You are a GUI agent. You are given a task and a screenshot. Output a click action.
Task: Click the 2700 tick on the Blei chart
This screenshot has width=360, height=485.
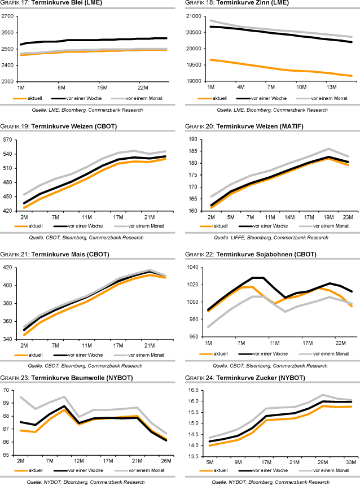pyautogui.click(x=8, y=16)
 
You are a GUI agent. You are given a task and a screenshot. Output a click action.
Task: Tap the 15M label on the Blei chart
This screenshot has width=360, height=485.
pyautogui.click(x=102, y=88)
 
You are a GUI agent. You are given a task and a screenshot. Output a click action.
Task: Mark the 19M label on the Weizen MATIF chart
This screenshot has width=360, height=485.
pyautogui.click(x=329, y=217)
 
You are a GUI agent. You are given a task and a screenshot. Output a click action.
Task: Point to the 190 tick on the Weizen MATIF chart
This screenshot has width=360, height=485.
pyautogui.click(x=196, y=139)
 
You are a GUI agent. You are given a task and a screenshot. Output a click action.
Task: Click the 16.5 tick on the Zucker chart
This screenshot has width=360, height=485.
pyautogui.click(x=196, y=390)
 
